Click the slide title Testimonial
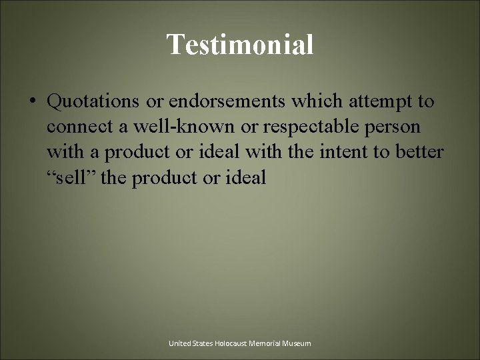(240, 45)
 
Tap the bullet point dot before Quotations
(33, 102)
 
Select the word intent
(355, 152)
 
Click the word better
(418, 152)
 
